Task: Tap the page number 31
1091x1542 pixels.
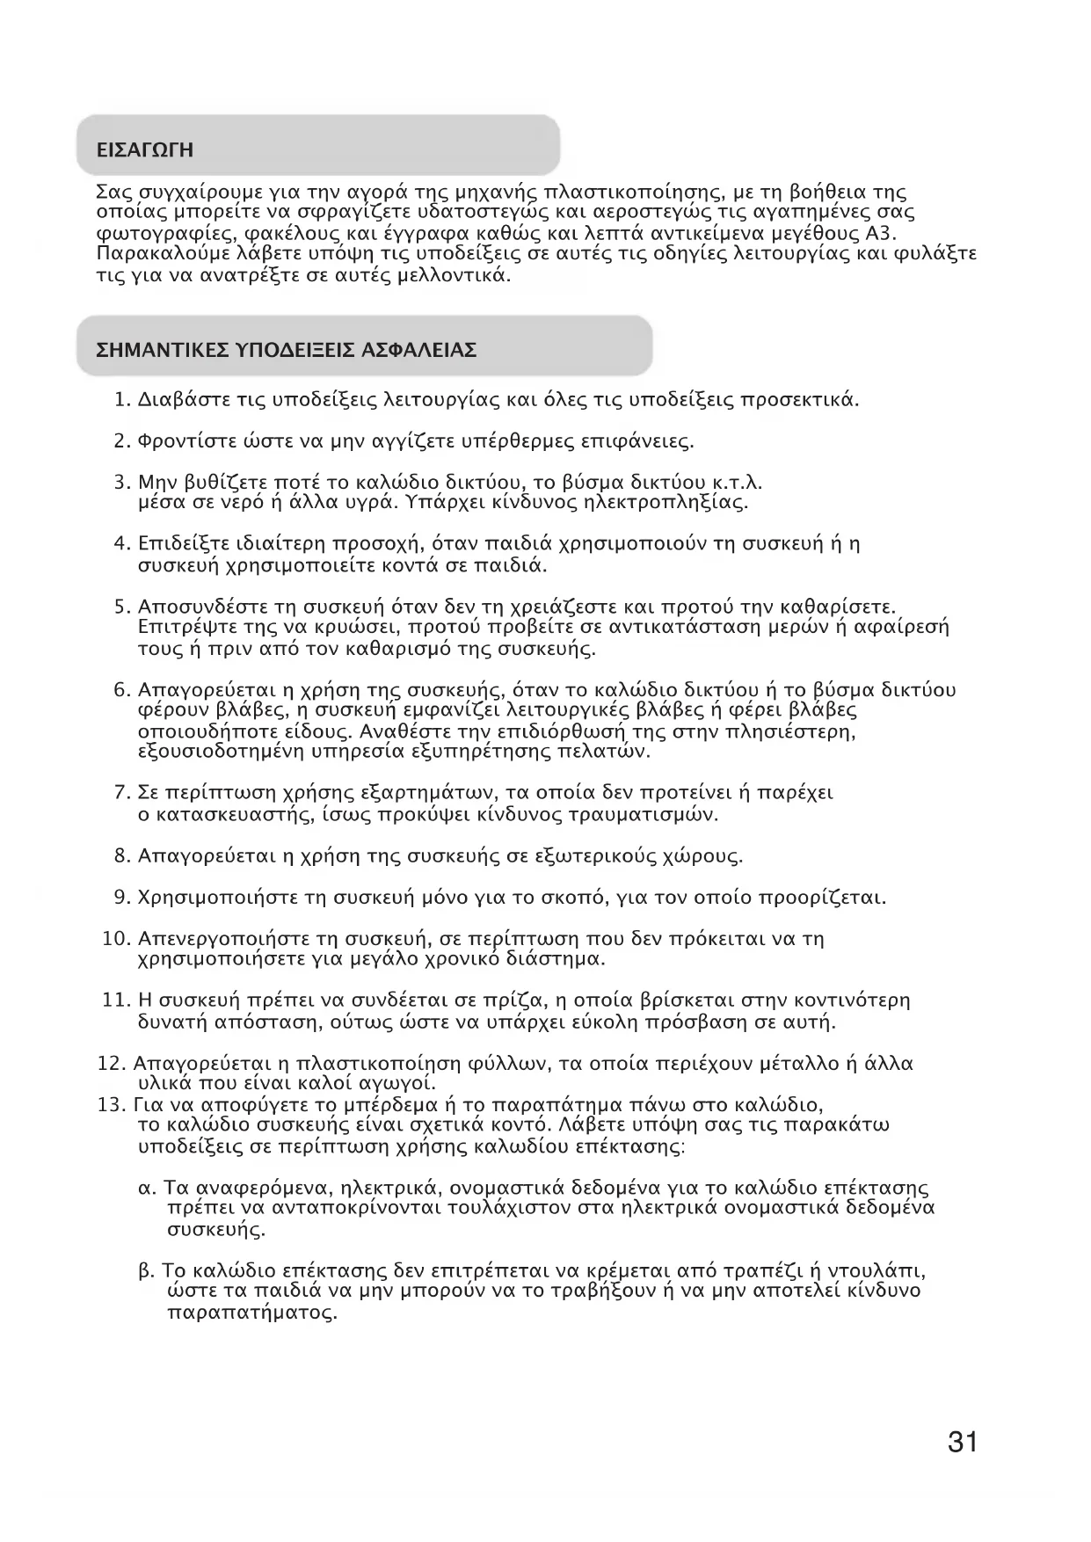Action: coord(963,1442)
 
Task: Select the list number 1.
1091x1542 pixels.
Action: coord(122,401)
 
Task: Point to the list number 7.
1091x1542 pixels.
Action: coord(122,793)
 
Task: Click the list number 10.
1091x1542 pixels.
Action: coord(116,939)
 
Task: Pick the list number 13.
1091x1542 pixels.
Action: coord(113,1105)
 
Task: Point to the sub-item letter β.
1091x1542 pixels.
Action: coord(147,1271)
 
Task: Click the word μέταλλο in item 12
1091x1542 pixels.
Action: coord(801,1064)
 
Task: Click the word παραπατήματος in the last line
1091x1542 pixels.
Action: coord(251,1314)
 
